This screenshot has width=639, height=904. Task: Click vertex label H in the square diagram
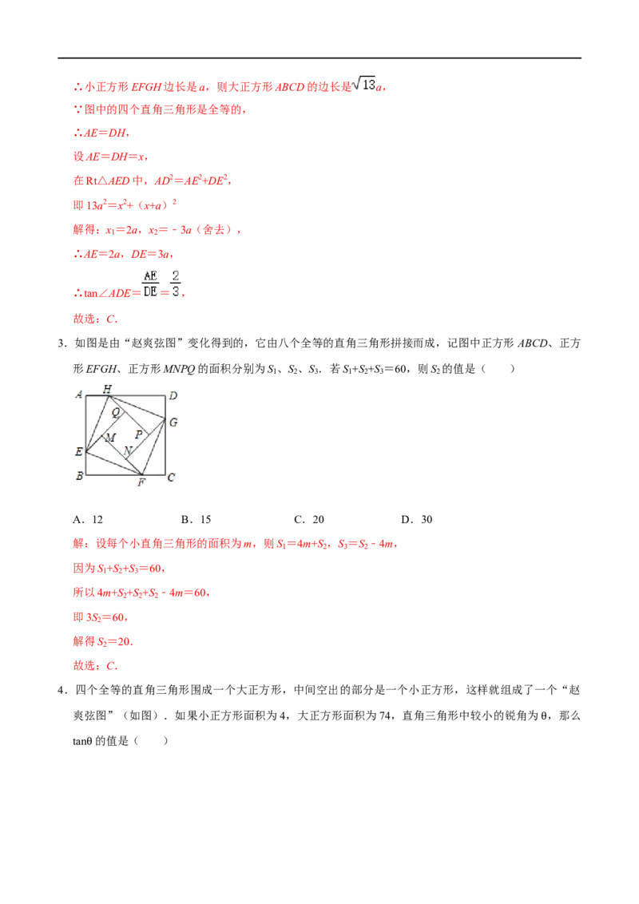point(107,389)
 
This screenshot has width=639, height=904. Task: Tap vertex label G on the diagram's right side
point(173,422)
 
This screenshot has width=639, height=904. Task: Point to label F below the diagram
point(141,482)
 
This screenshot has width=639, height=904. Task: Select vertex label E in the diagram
point(78,451)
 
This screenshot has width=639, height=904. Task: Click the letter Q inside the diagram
point(115,412)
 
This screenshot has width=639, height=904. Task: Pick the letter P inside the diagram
point(138,434)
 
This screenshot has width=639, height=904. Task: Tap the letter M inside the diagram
point(110,438)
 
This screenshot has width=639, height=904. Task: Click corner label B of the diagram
point(80,476)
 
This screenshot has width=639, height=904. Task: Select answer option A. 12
point(88,519)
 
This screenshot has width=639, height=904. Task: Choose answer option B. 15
point(196,519)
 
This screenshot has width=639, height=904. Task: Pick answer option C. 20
point(309,519)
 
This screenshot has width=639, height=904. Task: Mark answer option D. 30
point(417,519)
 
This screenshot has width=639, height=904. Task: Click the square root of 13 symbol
point(364,84)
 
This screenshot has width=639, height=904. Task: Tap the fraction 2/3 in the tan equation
point(175,283)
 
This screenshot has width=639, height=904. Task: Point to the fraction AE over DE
point(150,283)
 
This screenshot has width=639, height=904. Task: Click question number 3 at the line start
point(62,343)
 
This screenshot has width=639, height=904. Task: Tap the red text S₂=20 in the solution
point(115,642)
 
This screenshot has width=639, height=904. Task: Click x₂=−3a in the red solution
point(170,230)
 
